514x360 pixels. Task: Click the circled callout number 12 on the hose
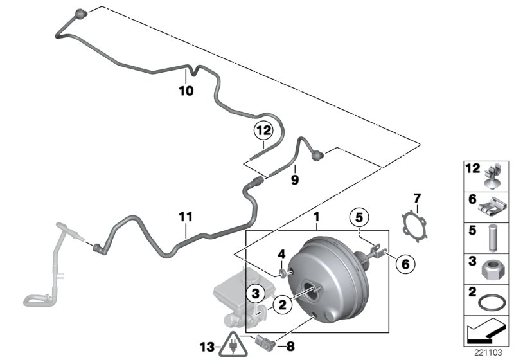262,130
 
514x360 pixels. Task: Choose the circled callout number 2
281,306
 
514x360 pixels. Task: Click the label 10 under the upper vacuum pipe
185,91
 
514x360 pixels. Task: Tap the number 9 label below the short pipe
295,181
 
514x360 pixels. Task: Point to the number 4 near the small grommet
280,255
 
